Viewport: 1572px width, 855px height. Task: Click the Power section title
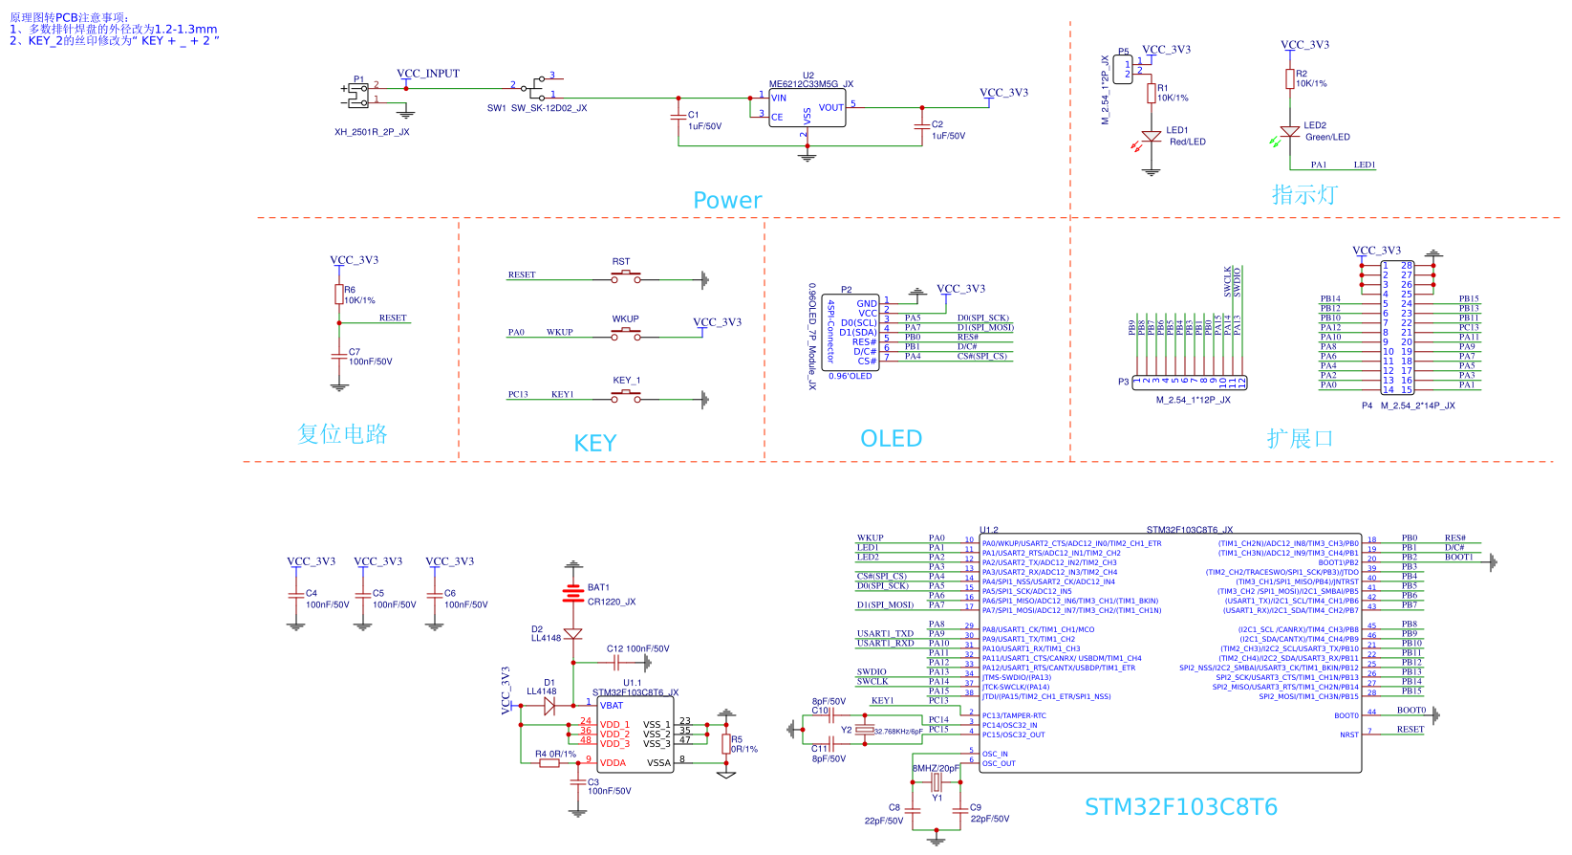coord(727,200)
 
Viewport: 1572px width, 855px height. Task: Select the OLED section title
coord(891,439)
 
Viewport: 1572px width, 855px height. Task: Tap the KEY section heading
coord(594,444)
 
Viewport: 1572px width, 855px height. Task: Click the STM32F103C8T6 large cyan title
coord(1180,807)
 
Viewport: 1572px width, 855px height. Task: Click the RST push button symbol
coord(626,277)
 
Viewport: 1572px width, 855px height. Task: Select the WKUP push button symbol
coord(626,334)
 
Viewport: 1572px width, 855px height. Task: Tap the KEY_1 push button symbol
coord(626,396)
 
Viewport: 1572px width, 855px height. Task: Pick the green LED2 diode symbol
coord(1290,131)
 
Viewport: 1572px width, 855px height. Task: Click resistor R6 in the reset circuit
coord(338,295)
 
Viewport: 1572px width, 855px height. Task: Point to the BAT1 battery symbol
coord(572,594)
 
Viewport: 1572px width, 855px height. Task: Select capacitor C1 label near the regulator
coord(694,115)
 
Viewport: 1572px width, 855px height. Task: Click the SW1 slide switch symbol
coord(537,87)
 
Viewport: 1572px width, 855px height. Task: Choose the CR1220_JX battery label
coord(612,603)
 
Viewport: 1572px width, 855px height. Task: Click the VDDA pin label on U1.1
coord(613,763)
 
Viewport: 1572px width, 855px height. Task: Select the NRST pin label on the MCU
coord(1348,735)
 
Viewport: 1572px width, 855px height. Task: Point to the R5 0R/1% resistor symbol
coord(725,744)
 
